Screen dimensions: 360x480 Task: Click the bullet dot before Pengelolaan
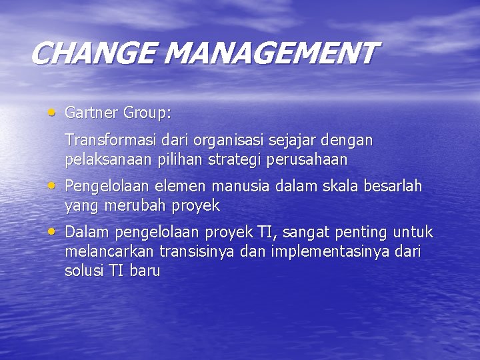pyautogui.click(x=52, y=185)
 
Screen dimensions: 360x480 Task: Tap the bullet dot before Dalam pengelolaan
pyautogui.click(x=52, y=231)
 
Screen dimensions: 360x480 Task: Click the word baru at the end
pyautogui.click(x=145, y=271)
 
